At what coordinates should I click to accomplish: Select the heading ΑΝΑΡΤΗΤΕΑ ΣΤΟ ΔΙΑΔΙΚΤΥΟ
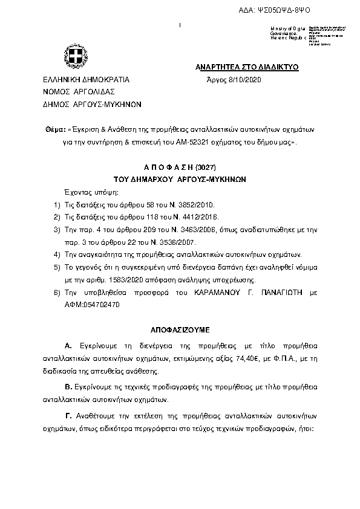coord(247,66)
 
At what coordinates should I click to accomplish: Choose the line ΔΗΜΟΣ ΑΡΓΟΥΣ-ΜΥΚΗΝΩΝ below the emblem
coord(91,103)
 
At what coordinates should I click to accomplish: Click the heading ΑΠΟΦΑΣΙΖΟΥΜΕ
coord(180,330)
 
